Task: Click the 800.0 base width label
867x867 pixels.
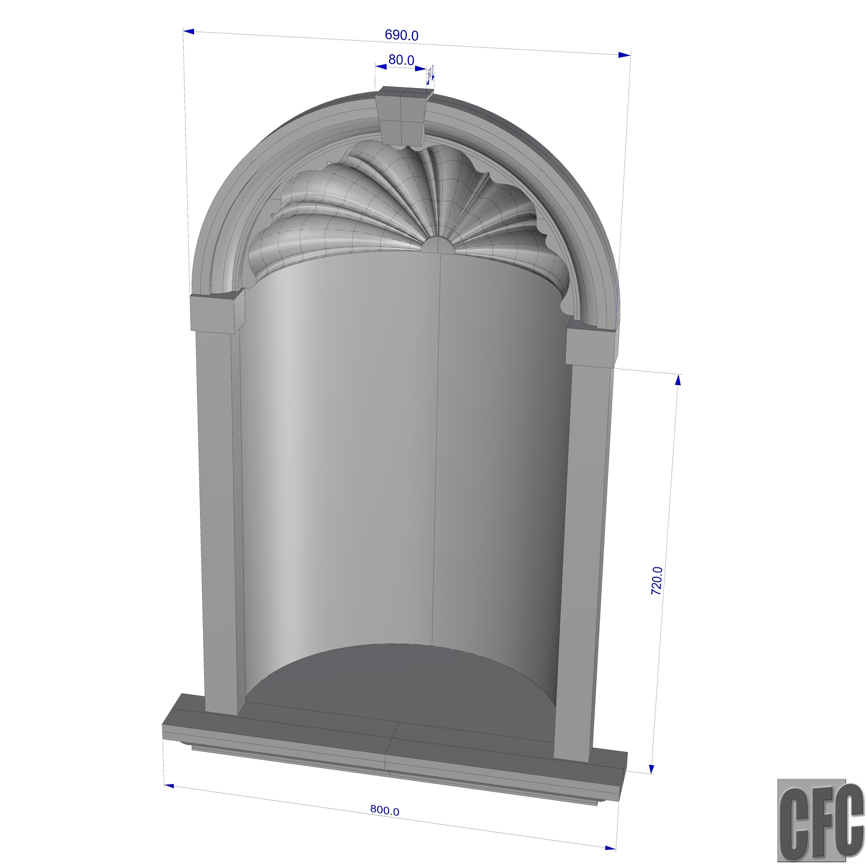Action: [x=385, y=810]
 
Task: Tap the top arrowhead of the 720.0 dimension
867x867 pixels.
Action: [x=678, y=380]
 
